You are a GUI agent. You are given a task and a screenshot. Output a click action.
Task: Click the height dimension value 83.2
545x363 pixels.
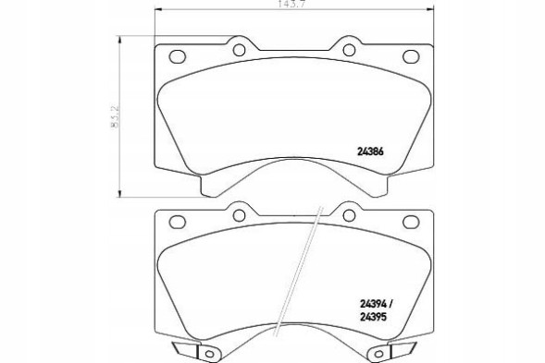point(115,121)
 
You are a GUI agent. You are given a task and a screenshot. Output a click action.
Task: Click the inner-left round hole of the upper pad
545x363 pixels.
point(238,50)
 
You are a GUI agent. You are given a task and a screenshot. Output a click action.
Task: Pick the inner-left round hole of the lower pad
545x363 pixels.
point(238,215)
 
